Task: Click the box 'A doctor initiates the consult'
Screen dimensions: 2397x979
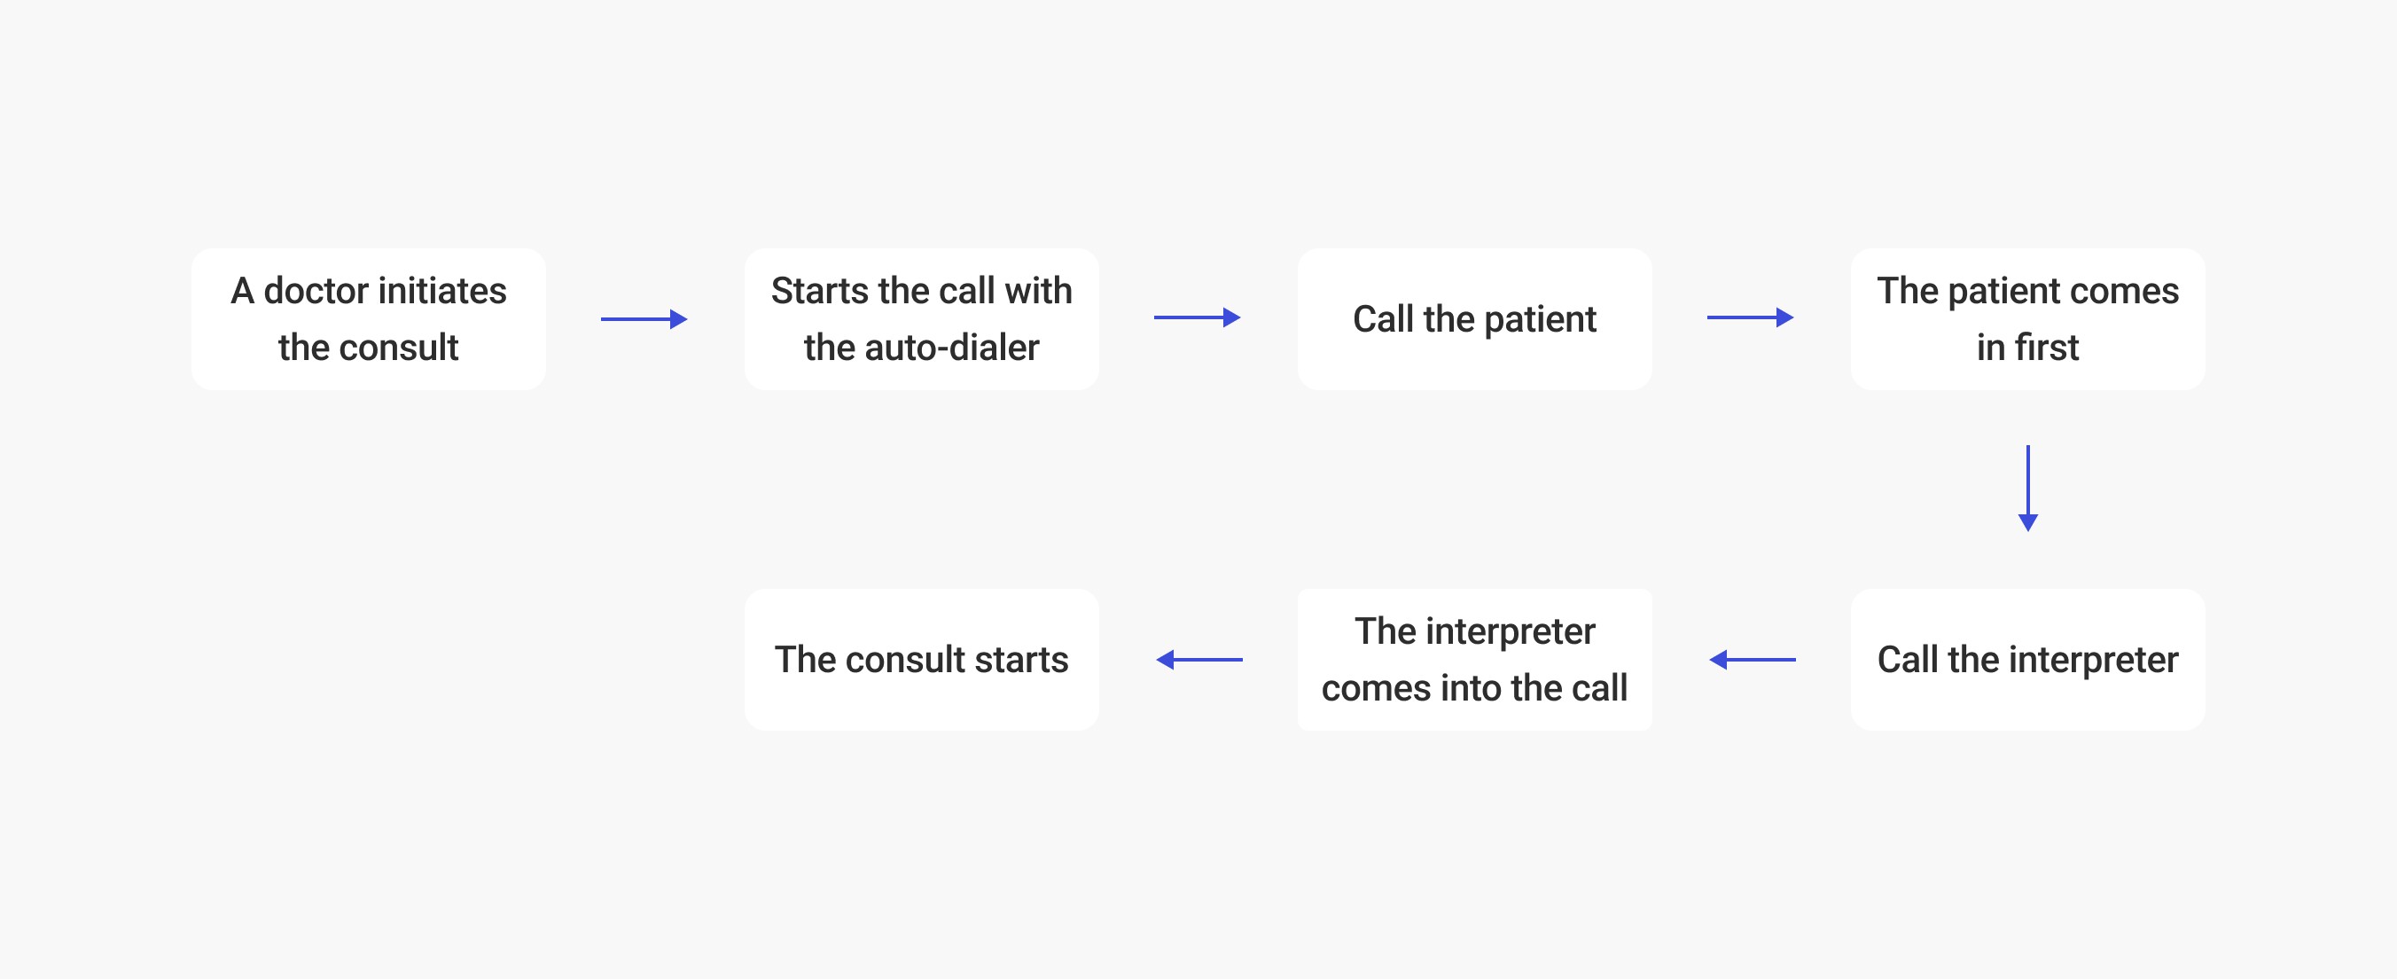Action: click(369, 319)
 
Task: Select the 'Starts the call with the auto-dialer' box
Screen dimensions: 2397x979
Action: click(921, 319)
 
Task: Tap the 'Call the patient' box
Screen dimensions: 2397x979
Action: click(1474, 319)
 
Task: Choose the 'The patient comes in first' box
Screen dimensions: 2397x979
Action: click(2026, 319)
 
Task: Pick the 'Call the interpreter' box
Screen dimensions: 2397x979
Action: click(2026, 660)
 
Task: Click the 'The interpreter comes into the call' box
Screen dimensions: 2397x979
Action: click(1474, 660)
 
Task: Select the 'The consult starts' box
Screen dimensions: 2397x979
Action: click(921, 660)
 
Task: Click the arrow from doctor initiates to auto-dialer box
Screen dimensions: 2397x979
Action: click(644, 319)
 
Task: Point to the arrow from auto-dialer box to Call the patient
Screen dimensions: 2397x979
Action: click(1197, 318)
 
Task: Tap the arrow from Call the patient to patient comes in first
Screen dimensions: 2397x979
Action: click(1749, 318)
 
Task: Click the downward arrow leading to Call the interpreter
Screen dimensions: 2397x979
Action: click(2027, 488)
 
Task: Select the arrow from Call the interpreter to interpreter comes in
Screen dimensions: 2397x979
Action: click(1753, 660)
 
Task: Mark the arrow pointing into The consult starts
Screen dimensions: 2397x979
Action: click(1198, 660)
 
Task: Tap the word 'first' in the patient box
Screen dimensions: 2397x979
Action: click(2046, 348)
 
